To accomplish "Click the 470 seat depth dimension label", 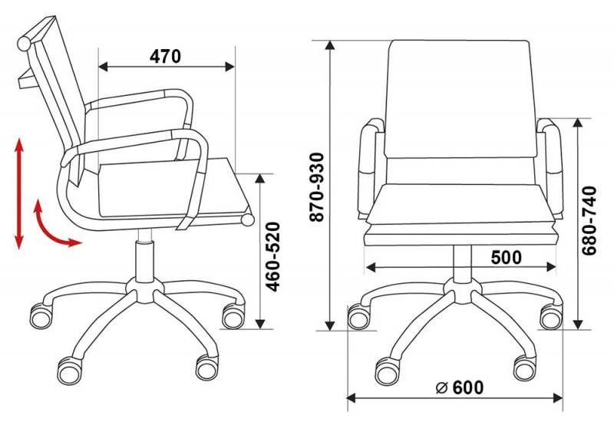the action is (x=165, y=56).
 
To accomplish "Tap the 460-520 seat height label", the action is (x=273, y=257).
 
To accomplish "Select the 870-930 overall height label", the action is (x=317, y=187).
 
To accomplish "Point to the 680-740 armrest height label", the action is (x=589, y=221).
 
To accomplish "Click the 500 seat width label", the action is (x=507, y=257).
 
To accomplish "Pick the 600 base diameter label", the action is (x=468, y=387).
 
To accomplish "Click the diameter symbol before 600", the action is (x=442, y=387).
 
